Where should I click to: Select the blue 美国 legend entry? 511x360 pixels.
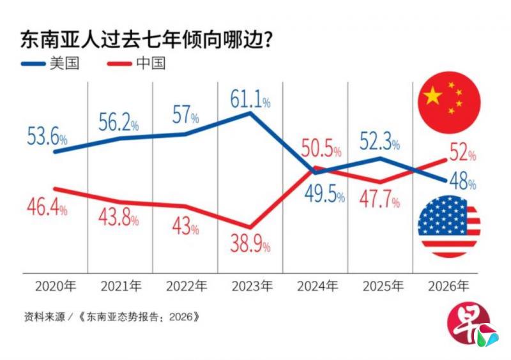pos(51,64)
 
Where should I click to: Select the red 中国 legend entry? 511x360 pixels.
pos(136,64)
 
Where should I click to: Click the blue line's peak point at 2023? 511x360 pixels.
pos(250,113)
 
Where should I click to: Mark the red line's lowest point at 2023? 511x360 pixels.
pos(250,227)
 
